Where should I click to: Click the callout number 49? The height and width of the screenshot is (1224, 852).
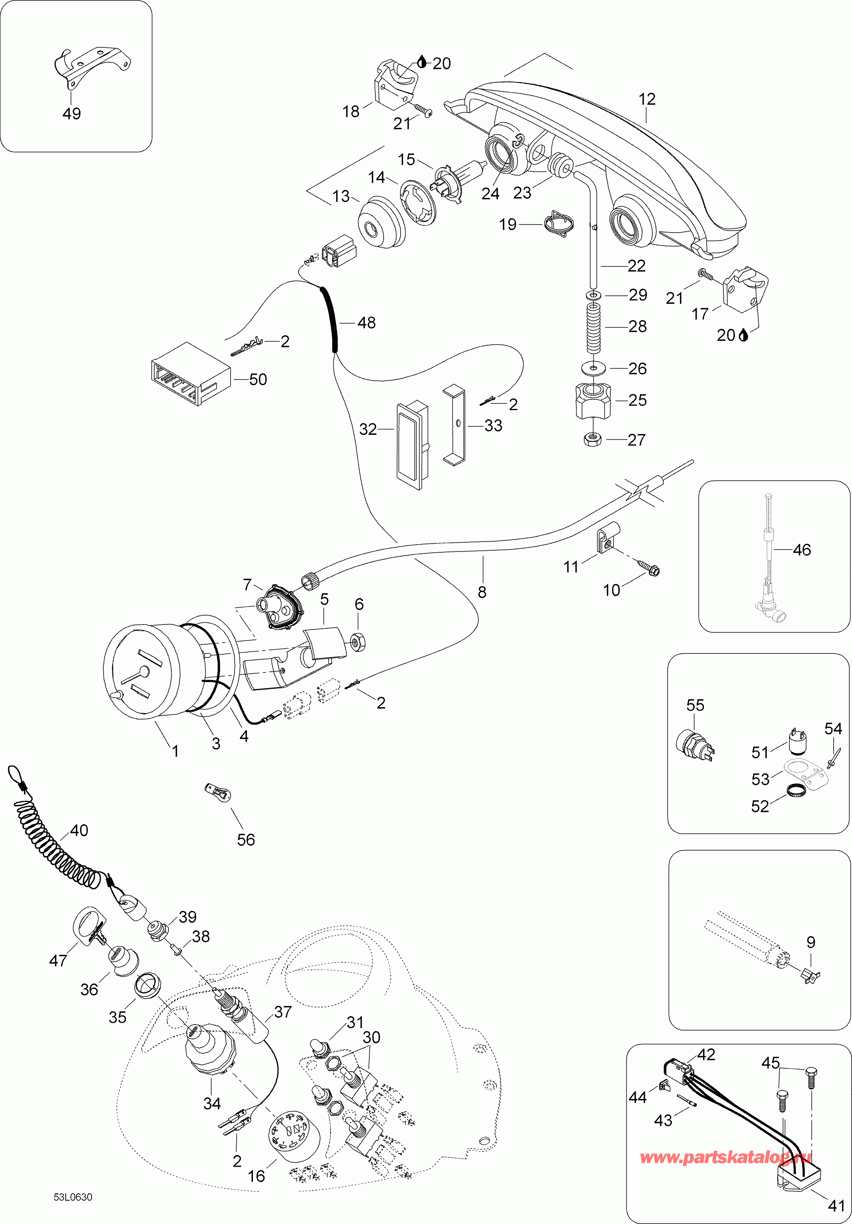[71, 113]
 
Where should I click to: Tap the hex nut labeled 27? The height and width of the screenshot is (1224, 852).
[592, 439]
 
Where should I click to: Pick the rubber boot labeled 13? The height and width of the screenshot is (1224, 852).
[380, 222]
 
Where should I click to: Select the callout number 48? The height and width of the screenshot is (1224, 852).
[366, 323]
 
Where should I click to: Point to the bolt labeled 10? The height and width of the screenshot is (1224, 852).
[649, 569]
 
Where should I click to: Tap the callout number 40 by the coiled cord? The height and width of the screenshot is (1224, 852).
[79, 831]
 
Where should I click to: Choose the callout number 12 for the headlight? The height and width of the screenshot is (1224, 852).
[647, 99]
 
